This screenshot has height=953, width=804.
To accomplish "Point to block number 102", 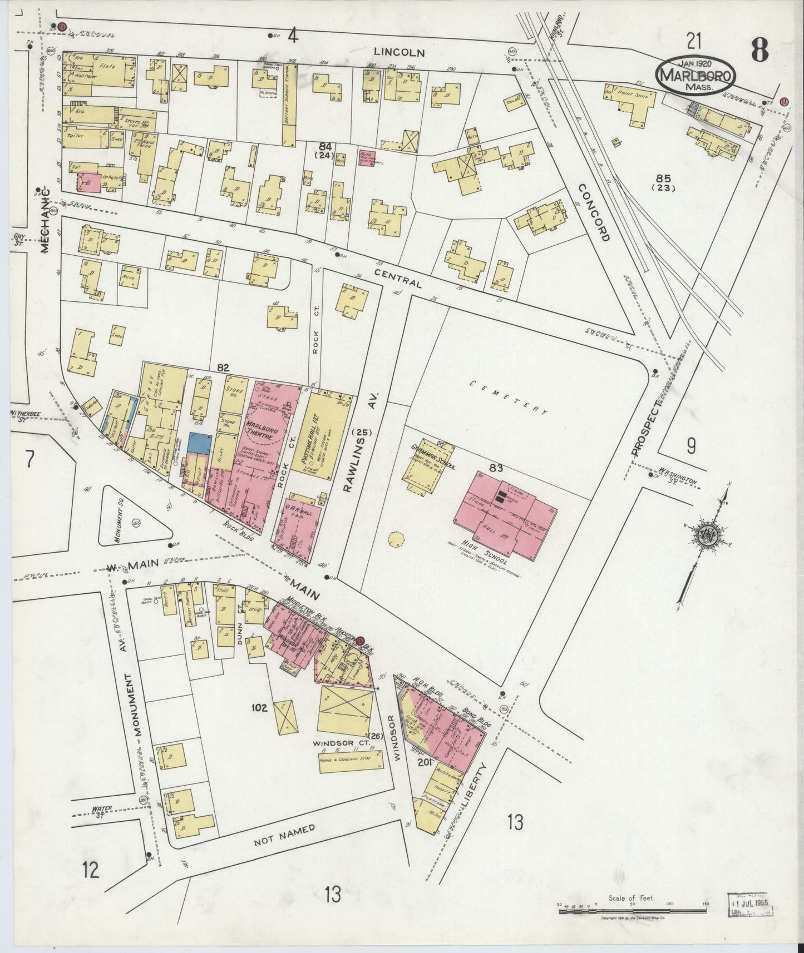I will click(x=259, y=708).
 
